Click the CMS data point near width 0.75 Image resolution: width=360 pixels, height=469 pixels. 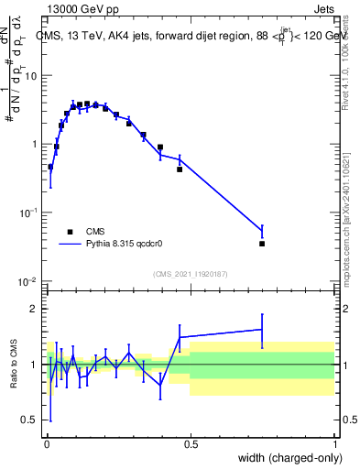click(262, 244)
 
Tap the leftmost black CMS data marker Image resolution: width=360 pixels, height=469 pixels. click(50, 167)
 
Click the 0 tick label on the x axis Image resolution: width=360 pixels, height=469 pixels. click(47, 444)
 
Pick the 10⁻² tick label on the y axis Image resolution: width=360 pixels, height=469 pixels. click(27, 280)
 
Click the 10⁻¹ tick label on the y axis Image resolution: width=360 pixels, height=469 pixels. click(27, 213)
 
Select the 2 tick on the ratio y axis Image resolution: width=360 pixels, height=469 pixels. click(36, 309)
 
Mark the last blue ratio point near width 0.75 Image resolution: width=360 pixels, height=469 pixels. click(262, 329)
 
